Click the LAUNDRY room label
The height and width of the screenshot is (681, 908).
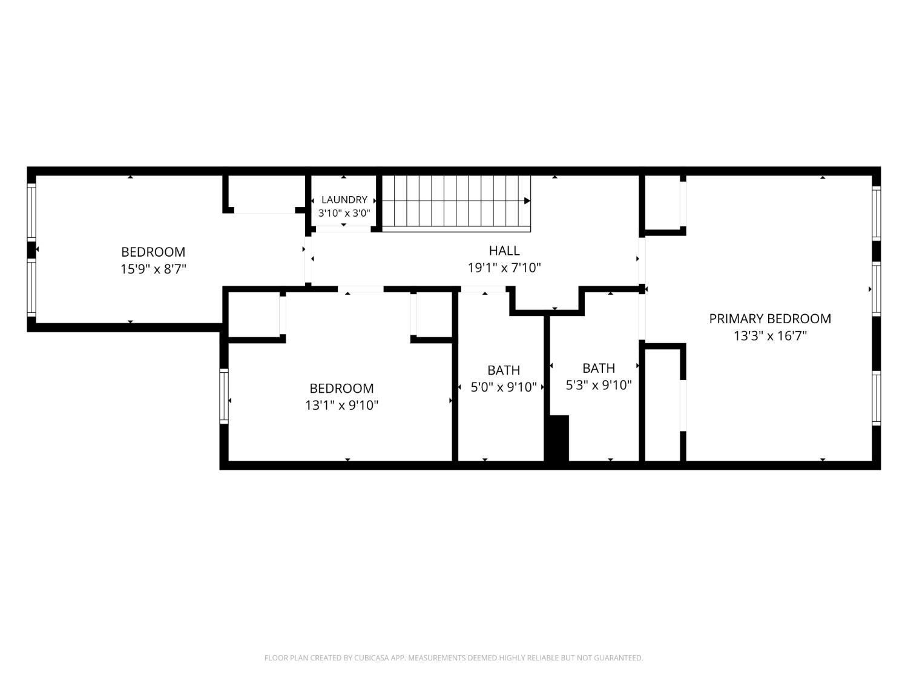344,200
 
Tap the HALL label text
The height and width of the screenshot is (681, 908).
504,251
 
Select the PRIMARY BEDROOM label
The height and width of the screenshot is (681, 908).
770,319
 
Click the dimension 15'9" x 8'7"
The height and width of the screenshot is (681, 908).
153,269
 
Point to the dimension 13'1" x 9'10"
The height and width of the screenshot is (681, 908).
341,405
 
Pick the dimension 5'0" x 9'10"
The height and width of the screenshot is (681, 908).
504,387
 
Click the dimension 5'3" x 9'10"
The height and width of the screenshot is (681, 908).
599,386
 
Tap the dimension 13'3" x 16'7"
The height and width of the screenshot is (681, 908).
770,336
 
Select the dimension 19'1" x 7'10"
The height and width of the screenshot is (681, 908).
504,268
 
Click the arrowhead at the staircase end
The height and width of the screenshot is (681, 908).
527,201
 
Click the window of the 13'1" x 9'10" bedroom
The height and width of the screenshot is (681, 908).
224,396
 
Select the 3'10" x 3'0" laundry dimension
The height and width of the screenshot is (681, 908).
344,213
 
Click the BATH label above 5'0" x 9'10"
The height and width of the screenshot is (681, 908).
504,370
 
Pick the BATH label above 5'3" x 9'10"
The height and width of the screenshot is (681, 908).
599,368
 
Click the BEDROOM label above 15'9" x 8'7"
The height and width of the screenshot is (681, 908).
153,252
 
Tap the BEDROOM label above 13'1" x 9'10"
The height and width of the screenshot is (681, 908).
341,388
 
